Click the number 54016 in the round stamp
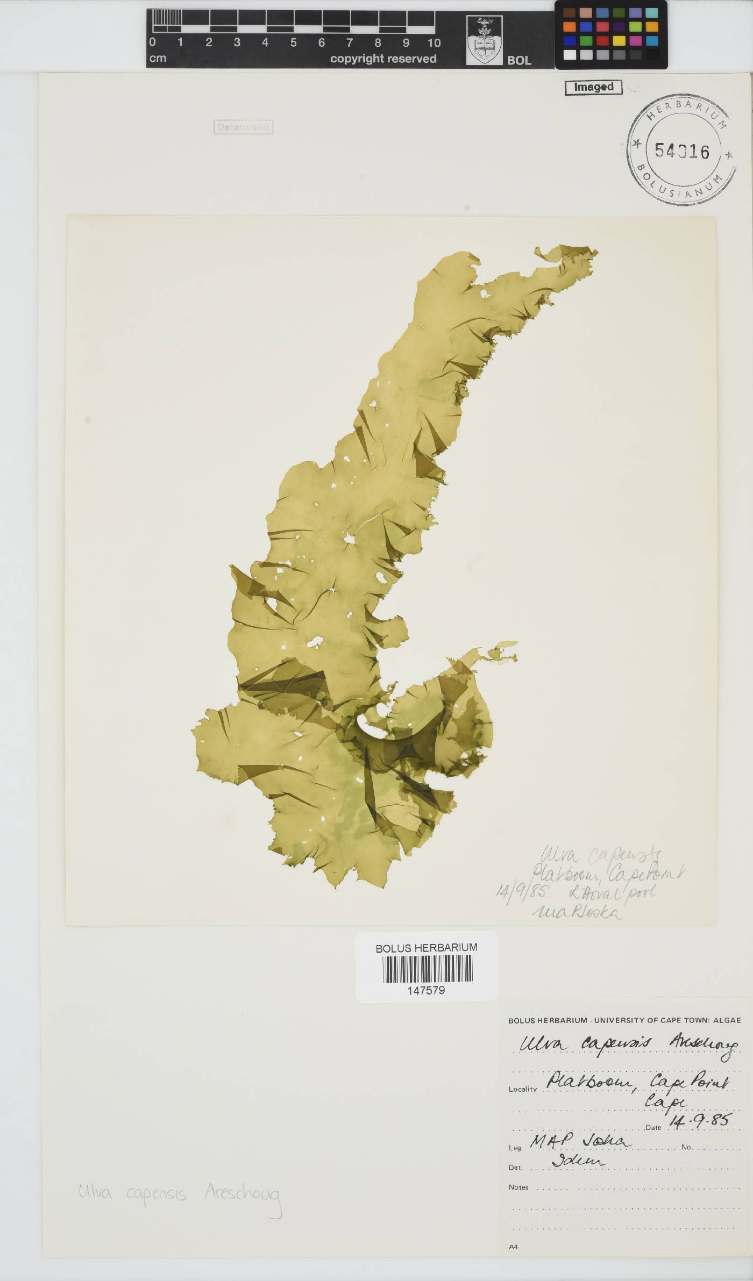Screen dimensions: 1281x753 coord(681,151)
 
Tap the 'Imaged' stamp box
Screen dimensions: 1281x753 coord(593,87)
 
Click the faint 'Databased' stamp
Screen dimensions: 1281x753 coord(243,127)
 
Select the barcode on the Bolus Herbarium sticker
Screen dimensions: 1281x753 coord(427,969)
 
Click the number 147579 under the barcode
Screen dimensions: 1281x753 coord(427,990)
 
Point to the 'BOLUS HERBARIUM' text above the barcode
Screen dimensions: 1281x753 coord(427,948)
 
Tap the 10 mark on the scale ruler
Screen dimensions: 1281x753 coord(434,43)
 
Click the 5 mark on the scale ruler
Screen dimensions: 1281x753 coord(293,43)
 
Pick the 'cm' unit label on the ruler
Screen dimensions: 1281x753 coord(158,58)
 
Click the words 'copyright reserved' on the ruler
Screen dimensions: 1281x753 coord(383,59)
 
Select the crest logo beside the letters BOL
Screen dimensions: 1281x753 coord(484,41)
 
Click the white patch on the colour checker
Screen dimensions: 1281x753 coord(569,55)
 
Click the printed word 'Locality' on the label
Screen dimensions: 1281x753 coord(522,1090)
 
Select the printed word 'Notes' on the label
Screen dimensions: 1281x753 coord(518,1187)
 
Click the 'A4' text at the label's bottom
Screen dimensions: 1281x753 coord(513,1247)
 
